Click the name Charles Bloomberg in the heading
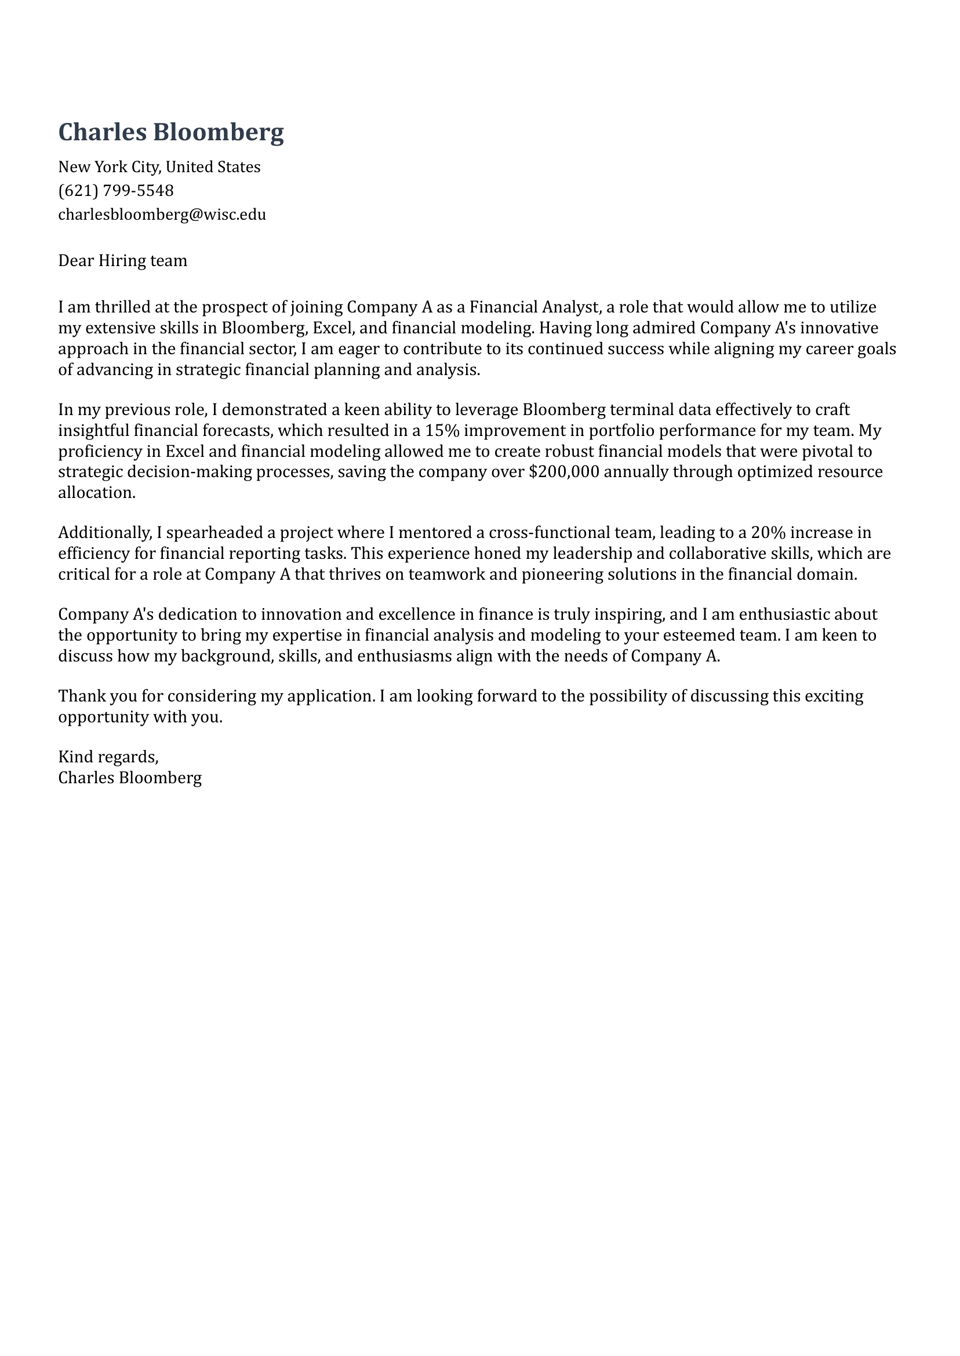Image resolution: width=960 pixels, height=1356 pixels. pyautogui.click(x=171, y=132)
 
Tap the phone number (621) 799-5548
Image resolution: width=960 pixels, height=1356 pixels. pyautogui.click(x=116, y=190)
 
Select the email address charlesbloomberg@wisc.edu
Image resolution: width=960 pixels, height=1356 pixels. pyautogui.click(x=162, y=214)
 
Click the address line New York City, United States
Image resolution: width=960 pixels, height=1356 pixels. pyautogui.click(x=159, y=167)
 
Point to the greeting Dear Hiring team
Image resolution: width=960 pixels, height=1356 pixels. pyautogui.click(x=122, y=261)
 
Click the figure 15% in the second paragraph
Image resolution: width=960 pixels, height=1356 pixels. pyautogui.click(x=442, y=430)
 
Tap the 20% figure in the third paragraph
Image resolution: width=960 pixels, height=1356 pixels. pyautogui.click(x=768, y=533)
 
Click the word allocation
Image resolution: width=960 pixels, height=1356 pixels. pyautogui.click(x=96, y=492)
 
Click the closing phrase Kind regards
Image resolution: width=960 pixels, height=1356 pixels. pyautogui.click(x=108, y=757)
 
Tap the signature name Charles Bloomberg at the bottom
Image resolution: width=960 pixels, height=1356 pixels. pyautogui.click(x=130, y=777)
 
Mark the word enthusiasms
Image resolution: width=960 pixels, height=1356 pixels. pyautogui.click(x=404, y=656)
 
